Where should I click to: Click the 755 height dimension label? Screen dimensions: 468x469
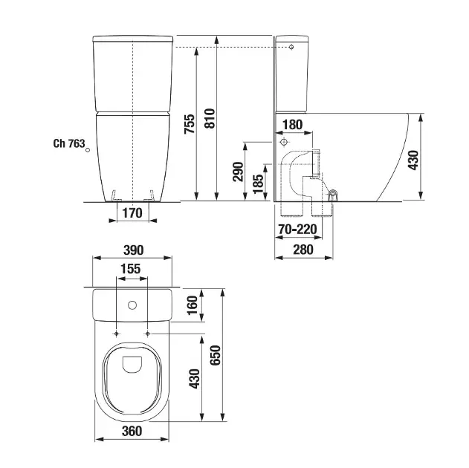[190, 123]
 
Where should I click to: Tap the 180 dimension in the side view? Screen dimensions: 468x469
[293, 125]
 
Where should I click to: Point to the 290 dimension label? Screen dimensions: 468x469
[238, 172]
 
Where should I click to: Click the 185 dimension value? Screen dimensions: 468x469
[258, 183]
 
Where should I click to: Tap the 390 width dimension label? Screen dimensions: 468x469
[132, 250]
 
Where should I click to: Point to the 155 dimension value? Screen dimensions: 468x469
[132, 270]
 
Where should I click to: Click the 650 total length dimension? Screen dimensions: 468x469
[214, 358]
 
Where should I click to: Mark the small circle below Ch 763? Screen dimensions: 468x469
[88, 151]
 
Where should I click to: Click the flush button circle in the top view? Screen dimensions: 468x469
[132, 305]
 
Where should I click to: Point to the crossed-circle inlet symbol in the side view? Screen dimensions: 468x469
[283, 141]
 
